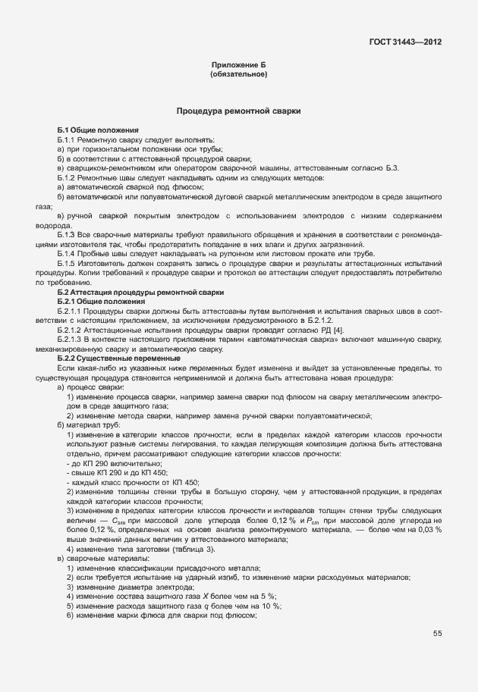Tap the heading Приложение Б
coord(238,66)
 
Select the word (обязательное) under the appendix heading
coord(238,75)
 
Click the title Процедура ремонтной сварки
coord(238,111)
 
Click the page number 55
coord(437,634)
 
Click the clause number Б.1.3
coord(68,235)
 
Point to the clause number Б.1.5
coord(68,262)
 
